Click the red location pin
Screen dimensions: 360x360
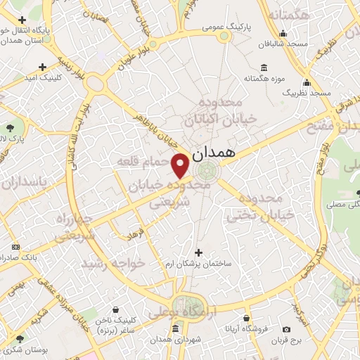(x=180, y=165)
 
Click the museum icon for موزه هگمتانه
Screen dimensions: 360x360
(x=264, y=67)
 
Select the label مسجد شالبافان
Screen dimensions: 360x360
(x=283, y=44)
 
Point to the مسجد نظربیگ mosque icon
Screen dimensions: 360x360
(x=307, y=81)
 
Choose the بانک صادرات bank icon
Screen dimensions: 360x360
(x=16, y=247)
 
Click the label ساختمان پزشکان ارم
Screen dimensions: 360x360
(x=198, y=264)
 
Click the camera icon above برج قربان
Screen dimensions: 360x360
(x=286, y=330)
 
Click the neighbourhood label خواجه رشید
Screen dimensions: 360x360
(x=112, y=263)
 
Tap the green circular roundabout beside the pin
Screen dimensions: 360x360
(x=207, y=170)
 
